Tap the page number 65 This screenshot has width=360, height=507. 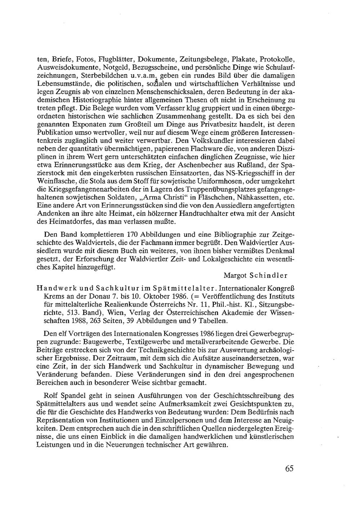(x=289, y=468)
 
